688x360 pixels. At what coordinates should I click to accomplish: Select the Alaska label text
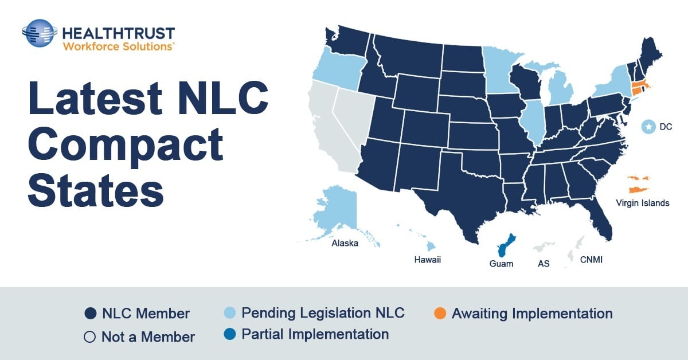point(345,243)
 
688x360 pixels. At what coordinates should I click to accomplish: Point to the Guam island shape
point(505,246)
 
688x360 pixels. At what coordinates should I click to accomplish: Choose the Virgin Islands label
point(642,203)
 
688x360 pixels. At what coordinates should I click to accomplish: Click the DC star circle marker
point(648,127)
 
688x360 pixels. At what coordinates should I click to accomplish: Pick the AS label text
point(544,264)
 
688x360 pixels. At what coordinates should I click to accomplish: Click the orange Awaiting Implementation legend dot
point(440,314)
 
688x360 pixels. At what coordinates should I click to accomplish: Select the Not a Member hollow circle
point(89,337)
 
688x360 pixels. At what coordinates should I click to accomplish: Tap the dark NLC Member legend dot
point(89,314)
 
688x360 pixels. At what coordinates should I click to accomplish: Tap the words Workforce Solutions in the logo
point(118,46)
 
